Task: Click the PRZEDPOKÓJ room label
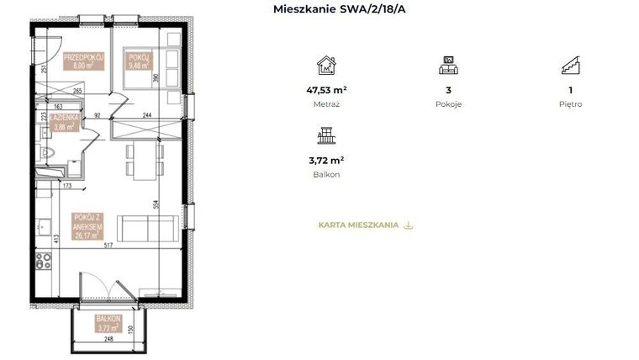click(x=83, y=61)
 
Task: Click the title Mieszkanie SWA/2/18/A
click(x=333, y=9)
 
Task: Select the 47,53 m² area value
click(x=326, y=89)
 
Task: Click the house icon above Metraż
click(x=326, y=66)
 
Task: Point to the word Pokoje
click(x=448, y=104)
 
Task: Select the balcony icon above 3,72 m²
click(x=326, y=136)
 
